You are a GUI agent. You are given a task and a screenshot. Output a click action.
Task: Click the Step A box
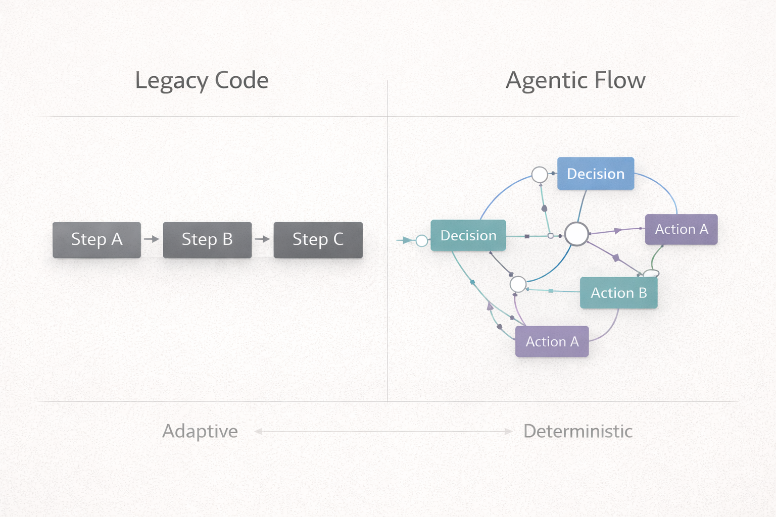pos(96,240)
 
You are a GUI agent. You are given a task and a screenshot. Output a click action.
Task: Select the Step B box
pos(207,240)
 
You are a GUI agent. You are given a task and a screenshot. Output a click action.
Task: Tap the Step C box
pos(318,240)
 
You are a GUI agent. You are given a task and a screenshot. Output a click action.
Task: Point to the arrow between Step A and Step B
pos(152,239)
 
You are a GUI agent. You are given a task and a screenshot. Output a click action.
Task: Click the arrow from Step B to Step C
pos(263,239)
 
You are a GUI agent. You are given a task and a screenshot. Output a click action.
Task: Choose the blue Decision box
pos(596,174)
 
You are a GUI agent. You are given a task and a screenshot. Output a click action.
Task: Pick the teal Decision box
pos(468,235)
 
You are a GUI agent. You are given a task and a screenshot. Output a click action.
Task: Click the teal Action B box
pos(618,293)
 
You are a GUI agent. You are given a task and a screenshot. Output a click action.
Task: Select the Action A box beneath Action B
pos(552,342)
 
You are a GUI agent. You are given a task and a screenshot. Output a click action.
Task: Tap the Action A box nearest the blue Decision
pos(681,229)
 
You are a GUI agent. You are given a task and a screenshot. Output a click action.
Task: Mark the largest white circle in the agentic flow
pos(576,234)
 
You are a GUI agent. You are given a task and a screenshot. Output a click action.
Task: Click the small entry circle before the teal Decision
pos(421,241)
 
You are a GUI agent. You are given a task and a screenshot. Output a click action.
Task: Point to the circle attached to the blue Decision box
pos(540,175)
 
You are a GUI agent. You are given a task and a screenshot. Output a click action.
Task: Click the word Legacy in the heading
pos(171,81)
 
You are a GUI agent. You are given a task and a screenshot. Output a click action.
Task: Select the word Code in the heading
pos(241,80)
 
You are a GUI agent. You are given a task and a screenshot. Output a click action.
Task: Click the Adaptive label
pos(200,431)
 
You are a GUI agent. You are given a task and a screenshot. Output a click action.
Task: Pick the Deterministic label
pos(577,431)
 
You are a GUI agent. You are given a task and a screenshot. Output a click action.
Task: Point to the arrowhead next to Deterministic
pos(509,431)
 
